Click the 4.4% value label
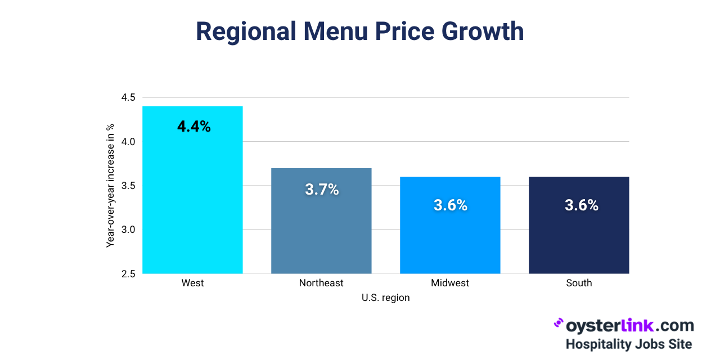point(194,127)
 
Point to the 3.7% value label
point(322,190)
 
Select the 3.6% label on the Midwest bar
point(451,205)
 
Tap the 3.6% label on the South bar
point(581,205)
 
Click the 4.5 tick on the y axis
point(128,98)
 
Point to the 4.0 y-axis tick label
point(128,142)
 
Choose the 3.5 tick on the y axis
point(128,186)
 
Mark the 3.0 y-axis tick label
point(128,229)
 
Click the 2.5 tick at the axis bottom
point(128,274)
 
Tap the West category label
point(192,283)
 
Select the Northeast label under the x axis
point(321,283)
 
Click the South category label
point(579,283)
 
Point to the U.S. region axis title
point(386,298)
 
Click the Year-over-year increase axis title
point(111,186)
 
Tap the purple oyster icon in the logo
point(559,323)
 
